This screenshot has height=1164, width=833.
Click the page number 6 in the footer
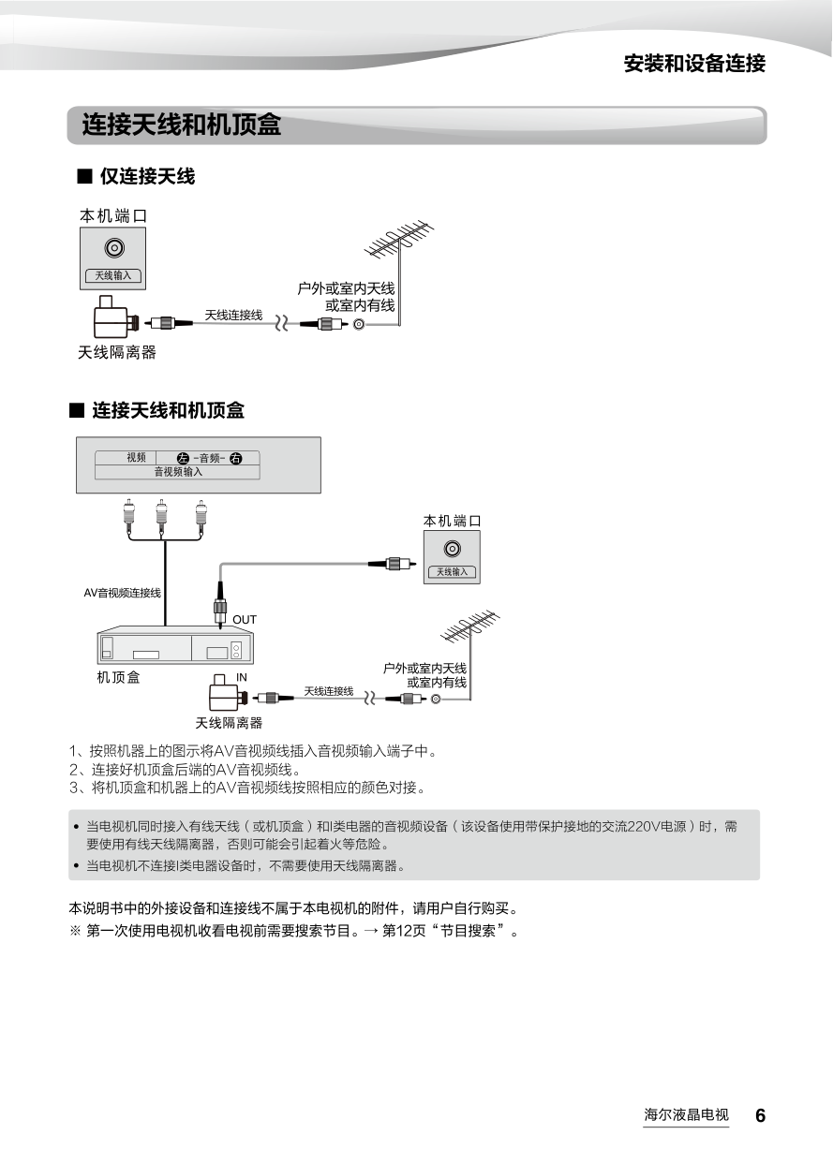(x=760, y=1115)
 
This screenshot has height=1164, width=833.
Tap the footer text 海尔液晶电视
(x=686, y=1115)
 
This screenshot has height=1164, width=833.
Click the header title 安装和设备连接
(x=694, y=64)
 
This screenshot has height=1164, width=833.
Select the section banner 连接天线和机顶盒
(x=182, y=125)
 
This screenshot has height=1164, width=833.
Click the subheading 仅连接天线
(x=147, y=175)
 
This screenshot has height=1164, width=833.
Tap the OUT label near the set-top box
(x=245, y=620)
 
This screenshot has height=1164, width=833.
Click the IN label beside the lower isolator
(x=242, y=677)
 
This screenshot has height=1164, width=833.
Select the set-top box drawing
(x=176, y=645)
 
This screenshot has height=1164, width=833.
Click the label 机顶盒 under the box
(x=119, y=677)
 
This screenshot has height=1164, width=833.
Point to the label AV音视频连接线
(x=122, y=593)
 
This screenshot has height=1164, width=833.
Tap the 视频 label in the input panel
(x=136, y=458)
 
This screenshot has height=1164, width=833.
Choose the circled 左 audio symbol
(x=183, y=458)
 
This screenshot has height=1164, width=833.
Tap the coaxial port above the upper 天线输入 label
(x=113, y=249)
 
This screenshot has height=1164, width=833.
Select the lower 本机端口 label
(x=453, y=521)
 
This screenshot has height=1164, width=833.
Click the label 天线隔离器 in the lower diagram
(x=229, y=723)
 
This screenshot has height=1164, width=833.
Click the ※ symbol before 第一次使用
(x=75, y=932)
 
